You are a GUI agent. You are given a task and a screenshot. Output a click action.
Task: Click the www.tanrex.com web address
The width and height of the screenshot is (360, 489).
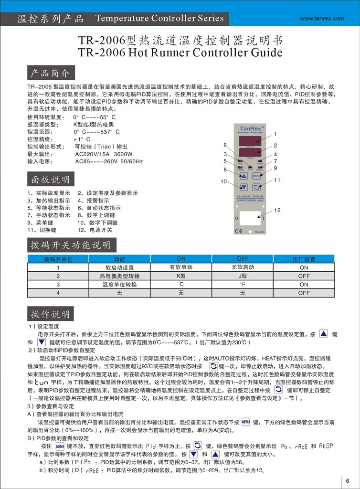(x=321, y=19)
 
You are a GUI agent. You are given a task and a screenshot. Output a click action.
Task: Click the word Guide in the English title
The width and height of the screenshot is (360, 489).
(x=265, y=53)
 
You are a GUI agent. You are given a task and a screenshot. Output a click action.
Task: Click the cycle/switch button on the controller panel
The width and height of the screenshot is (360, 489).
(x=257, y=187)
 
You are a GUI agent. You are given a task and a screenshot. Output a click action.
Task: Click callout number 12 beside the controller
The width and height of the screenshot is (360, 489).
(x=277, y=210)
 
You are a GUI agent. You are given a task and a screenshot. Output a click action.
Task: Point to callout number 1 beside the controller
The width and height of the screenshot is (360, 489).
(x=275, y=134)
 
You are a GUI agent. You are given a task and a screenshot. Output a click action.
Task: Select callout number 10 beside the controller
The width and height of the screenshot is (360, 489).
(x=223, y=181)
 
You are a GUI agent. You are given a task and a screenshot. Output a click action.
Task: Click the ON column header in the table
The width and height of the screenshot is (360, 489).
(x=181, y=259)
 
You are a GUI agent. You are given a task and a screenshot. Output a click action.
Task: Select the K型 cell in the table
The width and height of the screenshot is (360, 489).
(x=181, y=276)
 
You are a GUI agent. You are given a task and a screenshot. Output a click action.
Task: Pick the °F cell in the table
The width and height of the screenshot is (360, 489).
(x=243, y=285)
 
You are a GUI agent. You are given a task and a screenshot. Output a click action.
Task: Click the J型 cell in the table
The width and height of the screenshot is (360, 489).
(x=243, y=276)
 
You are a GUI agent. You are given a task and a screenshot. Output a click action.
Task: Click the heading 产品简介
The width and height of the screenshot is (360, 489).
(x=50, y=74)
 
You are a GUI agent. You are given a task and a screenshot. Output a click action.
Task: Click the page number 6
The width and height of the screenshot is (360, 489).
(x=347, y=481)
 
